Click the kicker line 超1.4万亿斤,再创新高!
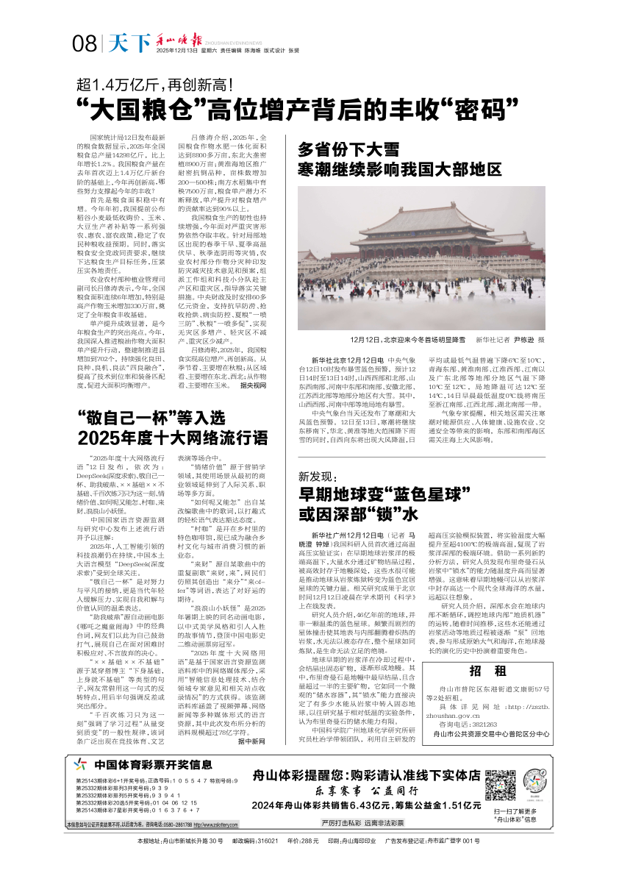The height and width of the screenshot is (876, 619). (158, 84)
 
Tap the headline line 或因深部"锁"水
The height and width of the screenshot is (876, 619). (359, 513)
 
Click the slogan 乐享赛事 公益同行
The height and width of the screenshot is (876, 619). (366, 791)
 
